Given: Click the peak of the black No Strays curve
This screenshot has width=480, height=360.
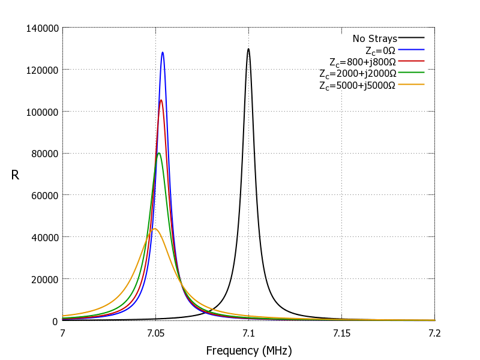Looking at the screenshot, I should [248, 49].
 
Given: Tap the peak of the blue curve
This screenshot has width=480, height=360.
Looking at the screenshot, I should [163, 53].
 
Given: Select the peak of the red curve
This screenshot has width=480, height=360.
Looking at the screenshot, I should [161, 100].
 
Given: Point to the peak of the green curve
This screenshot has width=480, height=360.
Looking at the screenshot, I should [159, 153].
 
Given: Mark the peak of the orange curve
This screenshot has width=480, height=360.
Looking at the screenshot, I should [155, 229].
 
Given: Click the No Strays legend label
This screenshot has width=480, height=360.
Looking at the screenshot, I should [374, 39].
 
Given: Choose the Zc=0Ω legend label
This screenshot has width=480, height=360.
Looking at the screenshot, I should [381, 50].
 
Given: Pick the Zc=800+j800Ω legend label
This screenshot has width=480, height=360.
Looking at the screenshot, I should [362, 62].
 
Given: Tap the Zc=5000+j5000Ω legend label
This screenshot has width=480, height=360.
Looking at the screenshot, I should [358, 85].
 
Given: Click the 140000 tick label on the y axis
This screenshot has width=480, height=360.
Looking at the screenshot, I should [42, 28].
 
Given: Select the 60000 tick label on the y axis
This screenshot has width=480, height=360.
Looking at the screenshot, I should [44, 195].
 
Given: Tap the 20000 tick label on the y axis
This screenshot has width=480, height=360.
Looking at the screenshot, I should [44, 279].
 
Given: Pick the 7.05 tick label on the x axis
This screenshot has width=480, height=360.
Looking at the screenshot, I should [155, 332].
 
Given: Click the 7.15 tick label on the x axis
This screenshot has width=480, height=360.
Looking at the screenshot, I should [341, 332].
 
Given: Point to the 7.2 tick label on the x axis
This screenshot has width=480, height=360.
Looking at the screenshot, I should [434, 332].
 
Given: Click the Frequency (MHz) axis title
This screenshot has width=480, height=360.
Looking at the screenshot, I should [248, 350].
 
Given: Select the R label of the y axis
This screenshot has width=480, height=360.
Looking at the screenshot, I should [15, 175].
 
